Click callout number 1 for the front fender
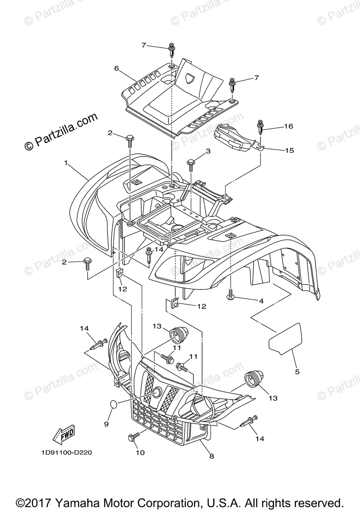point(66,163)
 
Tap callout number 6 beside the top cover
point(116,68)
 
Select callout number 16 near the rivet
point(289,127)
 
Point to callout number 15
point(290,150)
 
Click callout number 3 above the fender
point(208,151)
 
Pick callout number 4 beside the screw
point(260,301)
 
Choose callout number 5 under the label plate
point(297,372)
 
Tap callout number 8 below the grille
point(211,456)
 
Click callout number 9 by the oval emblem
point(106,424)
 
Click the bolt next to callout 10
point(132,437)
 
